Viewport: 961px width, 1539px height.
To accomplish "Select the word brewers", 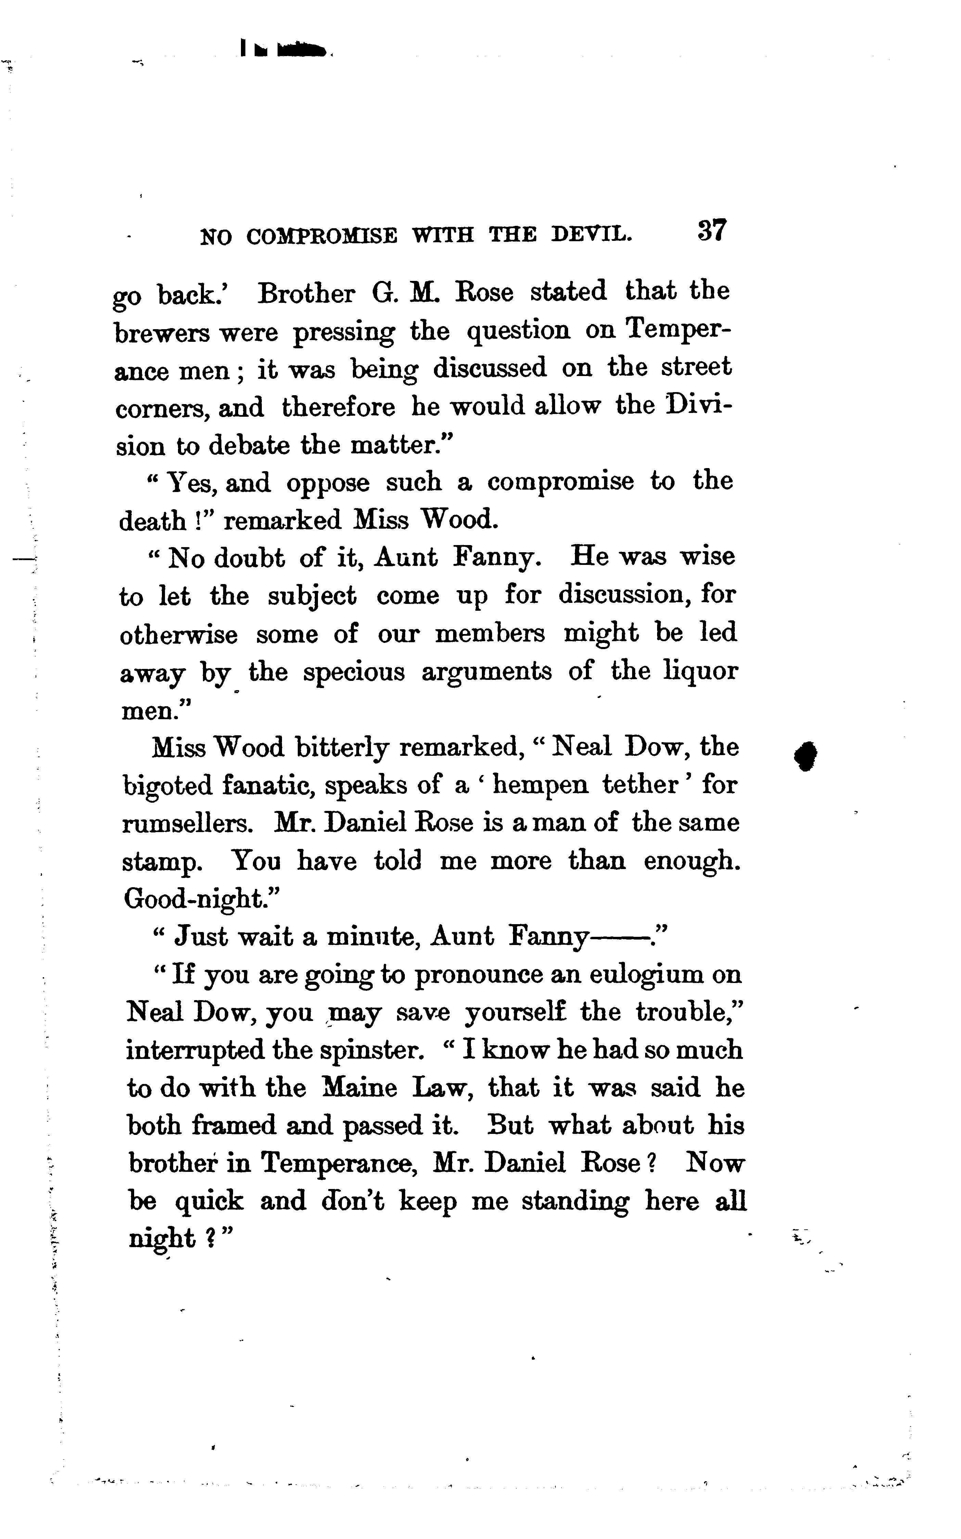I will pos(162,333).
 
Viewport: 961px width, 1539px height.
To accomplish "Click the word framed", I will pos(234,1126).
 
